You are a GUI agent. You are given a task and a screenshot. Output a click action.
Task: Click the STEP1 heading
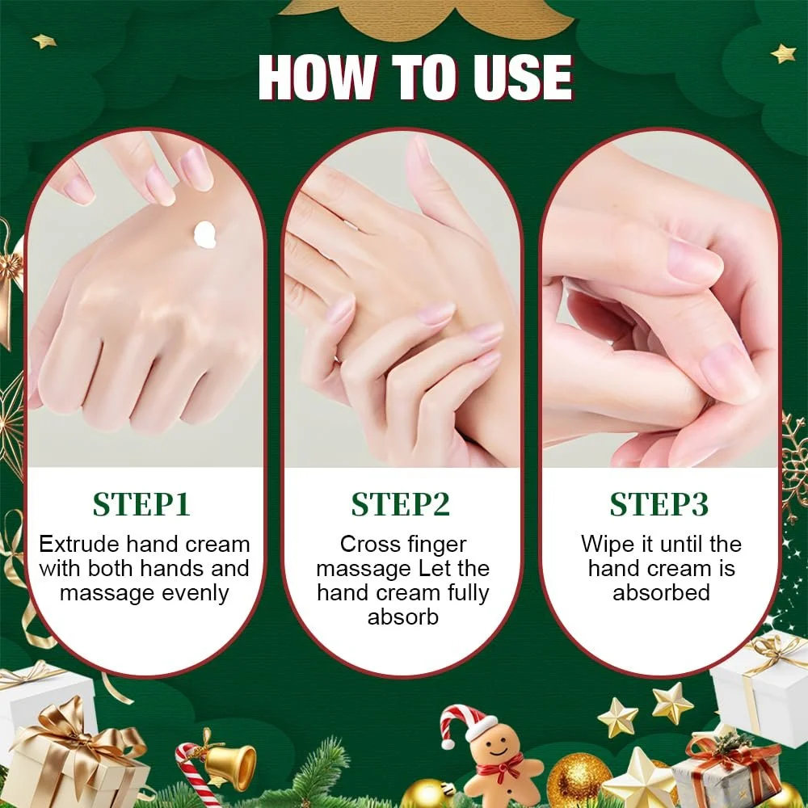141,504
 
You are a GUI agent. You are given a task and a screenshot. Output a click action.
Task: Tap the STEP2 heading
401,504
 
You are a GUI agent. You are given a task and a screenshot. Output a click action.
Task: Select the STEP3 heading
659,504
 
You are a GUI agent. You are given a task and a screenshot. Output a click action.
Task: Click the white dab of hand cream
204,235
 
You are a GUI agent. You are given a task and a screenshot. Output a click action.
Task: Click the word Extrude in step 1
80,544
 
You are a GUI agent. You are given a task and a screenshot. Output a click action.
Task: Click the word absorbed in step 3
661,592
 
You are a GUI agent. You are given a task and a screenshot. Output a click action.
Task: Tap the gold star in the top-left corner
44,40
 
